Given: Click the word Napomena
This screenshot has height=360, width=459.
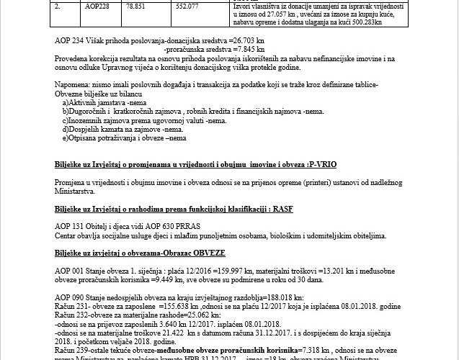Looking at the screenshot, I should click(73, 86).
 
